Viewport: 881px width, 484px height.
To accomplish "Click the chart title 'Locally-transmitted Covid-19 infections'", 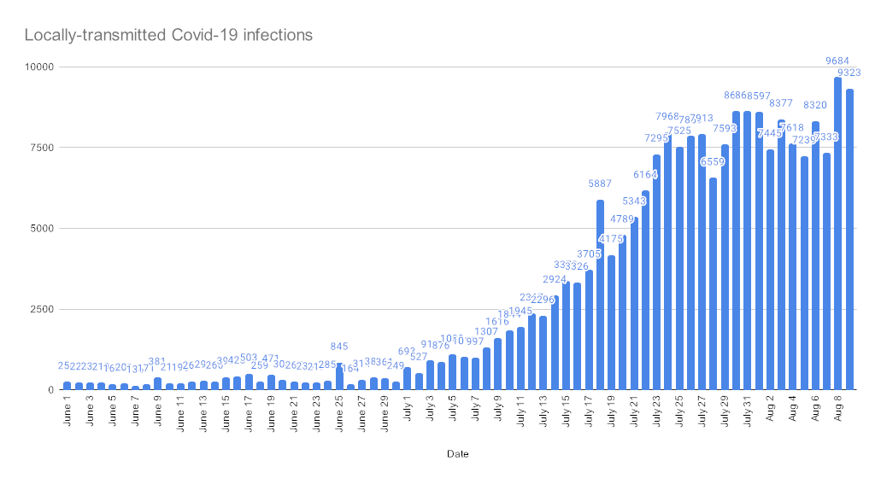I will point(167,36).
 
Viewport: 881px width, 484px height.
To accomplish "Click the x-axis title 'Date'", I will point(457,454).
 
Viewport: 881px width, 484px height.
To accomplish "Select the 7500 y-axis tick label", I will point(39,148).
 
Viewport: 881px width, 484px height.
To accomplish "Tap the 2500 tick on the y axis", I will point(39,309).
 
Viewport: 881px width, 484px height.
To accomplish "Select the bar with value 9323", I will point(849,239).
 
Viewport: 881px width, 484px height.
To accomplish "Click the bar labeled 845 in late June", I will point(339,376).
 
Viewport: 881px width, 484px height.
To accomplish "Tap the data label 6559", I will point(713,161).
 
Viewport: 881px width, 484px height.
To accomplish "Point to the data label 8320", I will point(815,105).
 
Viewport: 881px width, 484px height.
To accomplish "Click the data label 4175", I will point(611,238).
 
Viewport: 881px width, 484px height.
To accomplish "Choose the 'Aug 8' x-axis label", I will point(838,411).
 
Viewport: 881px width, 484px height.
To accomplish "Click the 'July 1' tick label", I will point(408,412).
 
